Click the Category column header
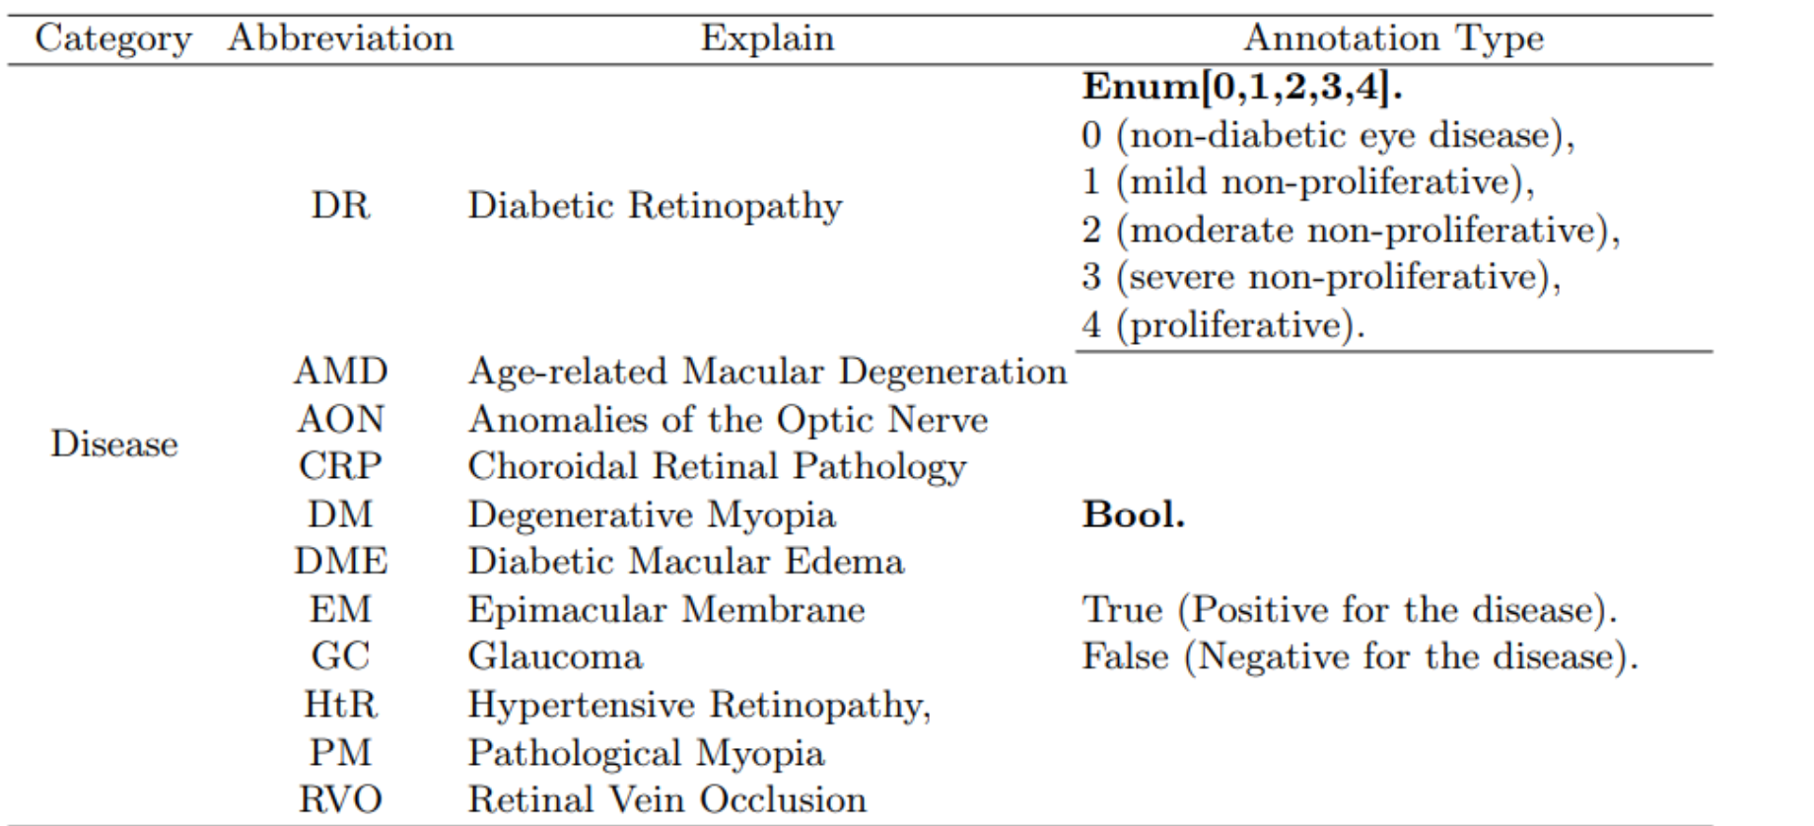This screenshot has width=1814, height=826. coord(113,38)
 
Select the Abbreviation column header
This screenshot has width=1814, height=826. coord(340,38)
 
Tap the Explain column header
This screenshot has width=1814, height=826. coord(767,38)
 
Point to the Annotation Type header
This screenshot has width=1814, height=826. coord(1393,38)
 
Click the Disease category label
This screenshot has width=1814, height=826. coord(114,444)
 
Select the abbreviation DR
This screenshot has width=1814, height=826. coord(340,205)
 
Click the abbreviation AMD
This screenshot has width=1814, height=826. coord(340,372)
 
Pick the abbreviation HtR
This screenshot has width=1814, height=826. coord(340,705)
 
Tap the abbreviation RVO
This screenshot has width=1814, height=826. coord(340,799)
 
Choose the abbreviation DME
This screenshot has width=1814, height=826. coord(340,562)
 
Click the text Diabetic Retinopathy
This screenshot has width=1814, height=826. coord(655,205)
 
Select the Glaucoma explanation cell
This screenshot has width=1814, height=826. coord(555,656)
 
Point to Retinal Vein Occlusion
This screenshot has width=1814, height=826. coord(667,799)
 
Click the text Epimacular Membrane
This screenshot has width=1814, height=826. coord(666,609)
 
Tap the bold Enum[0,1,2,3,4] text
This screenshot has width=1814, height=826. coord(1241,88)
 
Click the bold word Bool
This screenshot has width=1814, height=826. coord(1133,515)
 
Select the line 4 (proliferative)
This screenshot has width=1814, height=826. coord(1222,325)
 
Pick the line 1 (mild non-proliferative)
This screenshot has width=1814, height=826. coord(1307,182)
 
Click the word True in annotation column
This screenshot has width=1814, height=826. coord(1122,609)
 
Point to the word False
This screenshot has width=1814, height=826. coord(1125,656)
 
